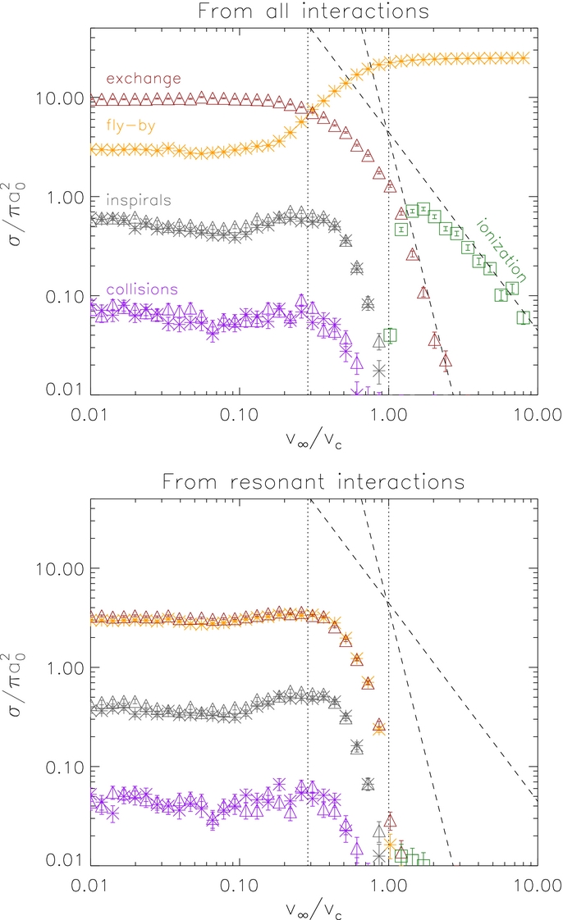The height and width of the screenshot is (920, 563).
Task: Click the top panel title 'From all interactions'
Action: point(314,11)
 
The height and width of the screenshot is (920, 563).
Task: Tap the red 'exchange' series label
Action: point(144,79)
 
